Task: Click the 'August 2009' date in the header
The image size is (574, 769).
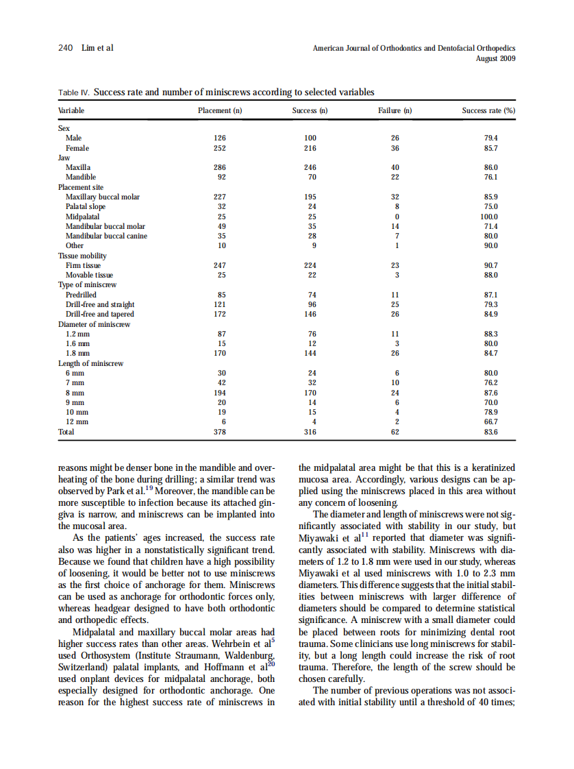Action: [495, 59]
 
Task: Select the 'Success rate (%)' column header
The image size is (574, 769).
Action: [488, 110]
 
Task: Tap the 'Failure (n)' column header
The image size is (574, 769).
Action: [395, 110]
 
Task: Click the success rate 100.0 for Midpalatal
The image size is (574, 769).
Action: [490, 216]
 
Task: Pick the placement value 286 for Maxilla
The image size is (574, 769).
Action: [220, 167]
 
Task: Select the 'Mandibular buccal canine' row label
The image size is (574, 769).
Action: [106, 236]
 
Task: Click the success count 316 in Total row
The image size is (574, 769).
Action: [310, 432]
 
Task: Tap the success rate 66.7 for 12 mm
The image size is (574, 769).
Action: [490, 422]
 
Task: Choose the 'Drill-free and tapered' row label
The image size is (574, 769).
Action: [100, 314]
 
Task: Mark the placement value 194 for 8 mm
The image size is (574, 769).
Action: [220, 393]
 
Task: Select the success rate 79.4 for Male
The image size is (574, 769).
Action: [490, 137]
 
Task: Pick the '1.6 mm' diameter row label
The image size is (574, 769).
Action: [77, 343]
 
